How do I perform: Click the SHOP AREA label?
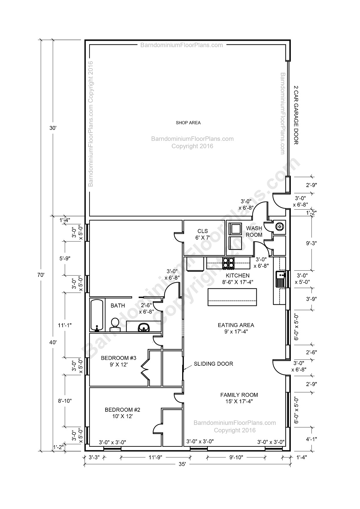point(188,123)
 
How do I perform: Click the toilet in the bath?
point(115,324)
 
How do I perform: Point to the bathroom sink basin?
point(144,327)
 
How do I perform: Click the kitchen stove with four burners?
point(228,263)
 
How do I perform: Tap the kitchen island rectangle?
point(232,297)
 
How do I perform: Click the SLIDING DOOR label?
point(213,364)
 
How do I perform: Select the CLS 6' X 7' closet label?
point(202,234)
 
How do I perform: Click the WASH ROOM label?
point(254,232)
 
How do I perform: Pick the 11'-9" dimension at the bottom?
point(155,457)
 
